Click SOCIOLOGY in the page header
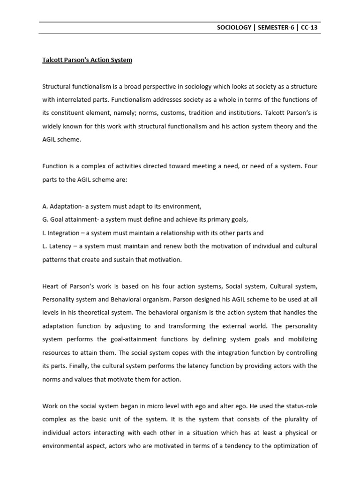[233, 28]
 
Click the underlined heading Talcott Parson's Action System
[87, 60]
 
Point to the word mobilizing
[301, 339]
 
